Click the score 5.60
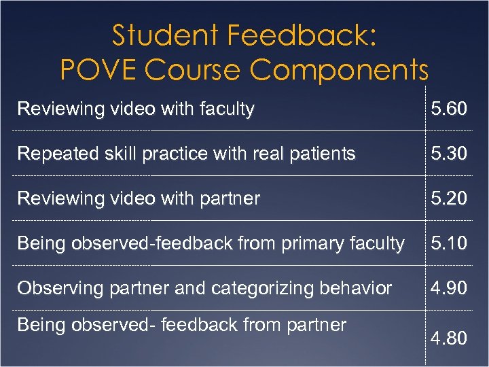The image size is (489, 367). click(448, 109)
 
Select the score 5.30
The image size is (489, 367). click(448, 154)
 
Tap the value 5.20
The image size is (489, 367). click(448, 198)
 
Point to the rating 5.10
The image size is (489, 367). click(448, 243)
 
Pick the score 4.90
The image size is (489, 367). click(448, 288)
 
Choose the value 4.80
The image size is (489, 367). click(448, 338)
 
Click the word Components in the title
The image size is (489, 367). click(340, 69)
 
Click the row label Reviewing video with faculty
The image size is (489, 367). click(136, 109)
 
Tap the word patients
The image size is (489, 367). click(323, 154)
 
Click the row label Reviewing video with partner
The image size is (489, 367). click(139, 198)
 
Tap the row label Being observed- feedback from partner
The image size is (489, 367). click(181, 325)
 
